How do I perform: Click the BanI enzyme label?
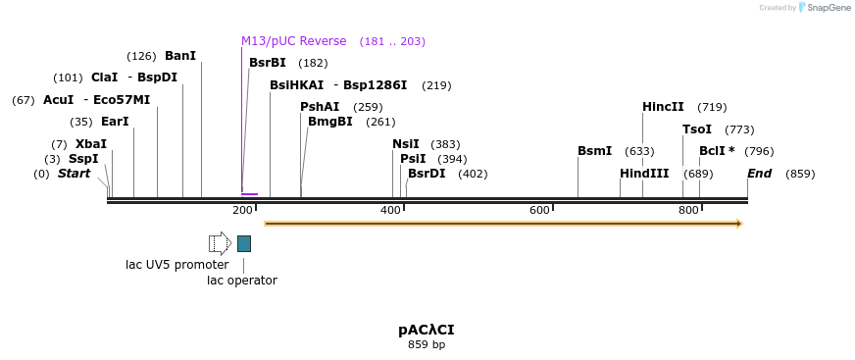click(x=180, y=56)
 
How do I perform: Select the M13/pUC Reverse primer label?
click(x=293, y=41)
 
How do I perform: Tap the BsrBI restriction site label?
click(x=267, y=63)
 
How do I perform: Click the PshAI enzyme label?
click(x=320, y=107)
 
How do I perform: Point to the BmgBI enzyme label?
click(x=329, y=122)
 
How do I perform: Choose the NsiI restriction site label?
click(x=405, y=144)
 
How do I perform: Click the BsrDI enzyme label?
click(x=427, y=174)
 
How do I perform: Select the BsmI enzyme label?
click(x=594, y=151)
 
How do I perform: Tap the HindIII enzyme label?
click(x=644, y=174)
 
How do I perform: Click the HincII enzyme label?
click(x=663, y=107)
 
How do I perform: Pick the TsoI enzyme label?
click(x=697, y=129)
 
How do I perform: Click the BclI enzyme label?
click(x=716, y=151)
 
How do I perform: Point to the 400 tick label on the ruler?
click(x=390, y=211)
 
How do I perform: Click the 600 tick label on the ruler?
click(x=539, y=211)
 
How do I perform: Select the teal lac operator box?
click(x=244, y=243)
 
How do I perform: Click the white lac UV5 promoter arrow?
click(x=220, y=243)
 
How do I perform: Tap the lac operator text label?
click(x=242, y=281)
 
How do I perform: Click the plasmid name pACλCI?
click(x=427, y=330)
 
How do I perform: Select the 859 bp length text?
click(x=427, y=344)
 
